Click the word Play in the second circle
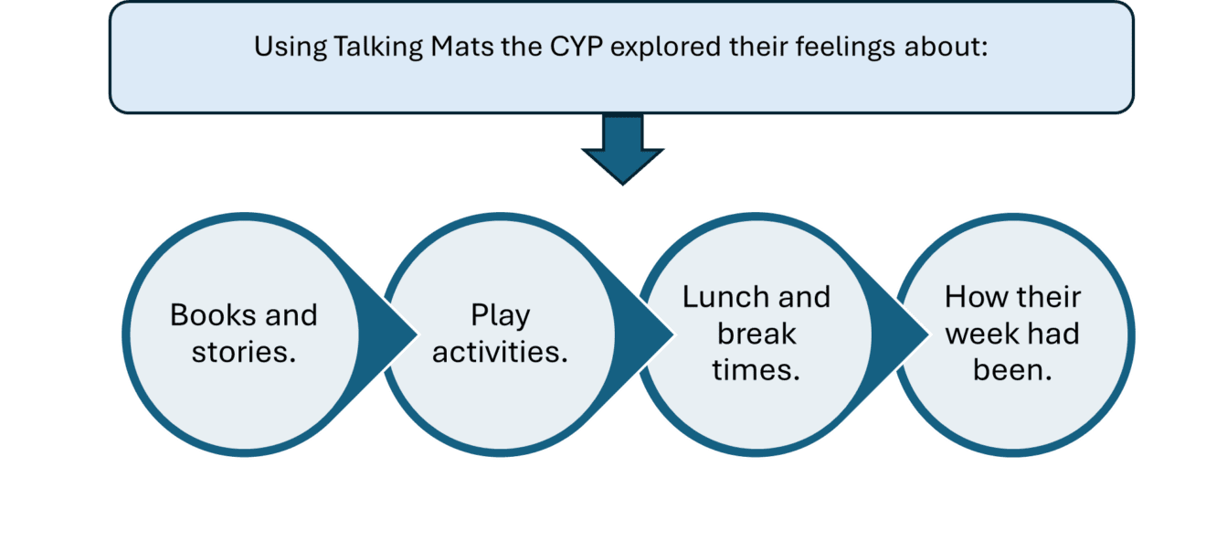(500, 315)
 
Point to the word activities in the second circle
(500, 352)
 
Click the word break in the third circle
(756, 334)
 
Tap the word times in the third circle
(756, 370)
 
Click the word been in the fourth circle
(1012, 370)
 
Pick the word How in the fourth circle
(973, 297)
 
